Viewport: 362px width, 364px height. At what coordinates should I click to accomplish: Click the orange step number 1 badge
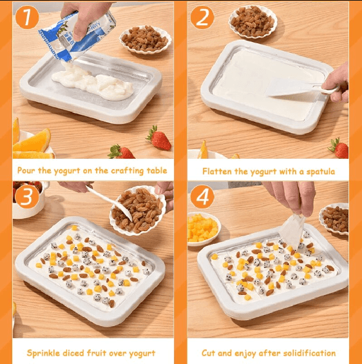(x=26, y=17)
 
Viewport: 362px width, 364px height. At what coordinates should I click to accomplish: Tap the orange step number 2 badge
(x=202, y=17)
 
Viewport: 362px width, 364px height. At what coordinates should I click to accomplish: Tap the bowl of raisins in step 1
(x=145, y=39)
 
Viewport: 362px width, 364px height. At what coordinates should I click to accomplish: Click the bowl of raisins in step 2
(x=252, y=21)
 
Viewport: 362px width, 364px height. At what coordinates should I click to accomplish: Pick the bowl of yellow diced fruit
(x=203, y=227)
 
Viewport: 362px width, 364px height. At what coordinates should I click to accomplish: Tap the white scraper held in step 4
(x=293, y=228)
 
